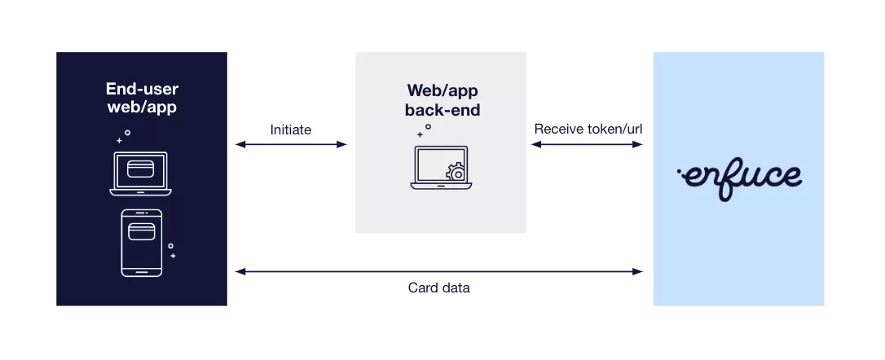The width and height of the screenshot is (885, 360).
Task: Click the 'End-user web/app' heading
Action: pyautogui.click(x=141, y=98)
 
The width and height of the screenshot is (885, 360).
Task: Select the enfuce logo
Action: pyautogui.click(x=739, y=176)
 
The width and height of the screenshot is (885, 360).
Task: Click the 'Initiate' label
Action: pyautogui.click(x=290, y=130)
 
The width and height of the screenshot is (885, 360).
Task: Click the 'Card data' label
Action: pyautogui.click(x=438, y=288)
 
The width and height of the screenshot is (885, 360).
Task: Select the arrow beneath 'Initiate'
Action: pyautogui.click(x=291, y=145)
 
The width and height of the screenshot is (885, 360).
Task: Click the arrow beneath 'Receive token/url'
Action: pyautogui.click(x=588, y=145)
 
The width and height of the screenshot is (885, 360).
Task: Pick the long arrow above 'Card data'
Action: pyautogui.click(x=439, y=270)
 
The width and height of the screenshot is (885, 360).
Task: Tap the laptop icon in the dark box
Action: pyautogui.click(x=141, y=173)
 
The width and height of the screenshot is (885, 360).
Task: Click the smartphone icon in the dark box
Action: pyautogui.click(x=141, y=244)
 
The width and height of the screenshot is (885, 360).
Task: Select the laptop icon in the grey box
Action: pyautogui.click(x=439, y=168)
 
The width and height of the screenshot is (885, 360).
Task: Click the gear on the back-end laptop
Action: pyautogui.click(x=457, y=173)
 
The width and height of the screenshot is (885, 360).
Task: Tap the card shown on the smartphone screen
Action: pyautogui.click(x=141, y=230)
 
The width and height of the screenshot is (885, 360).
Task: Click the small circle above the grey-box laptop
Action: pyautogui.click(x=428, y=126)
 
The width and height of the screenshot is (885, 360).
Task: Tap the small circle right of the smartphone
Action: pyautogui.click(x=170, y=245)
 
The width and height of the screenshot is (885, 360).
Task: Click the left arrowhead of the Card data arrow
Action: pyautogui.click(x=239, y=270)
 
